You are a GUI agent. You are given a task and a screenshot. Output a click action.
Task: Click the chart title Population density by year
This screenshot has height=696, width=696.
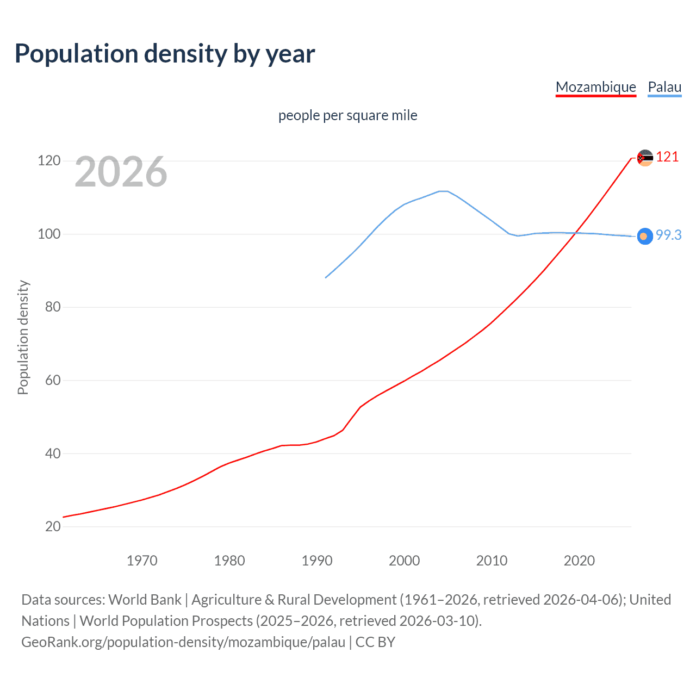pyautogui.click(x=165, y=54)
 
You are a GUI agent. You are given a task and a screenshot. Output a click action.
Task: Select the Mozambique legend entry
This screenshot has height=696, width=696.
pyautogui.click(x=595, y=87)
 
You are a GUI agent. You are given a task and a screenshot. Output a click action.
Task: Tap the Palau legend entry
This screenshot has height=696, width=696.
pyautogui.click(x=664, y=87)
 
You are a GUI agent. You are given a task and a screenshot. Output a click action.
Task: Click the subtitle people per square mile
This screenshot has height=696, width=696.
pyautogui.click(x=347, y=115)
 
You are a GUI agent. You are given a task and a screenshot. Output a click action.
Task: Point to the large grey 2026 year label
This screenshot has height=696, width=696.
pyautogui.click(x=121, y=172)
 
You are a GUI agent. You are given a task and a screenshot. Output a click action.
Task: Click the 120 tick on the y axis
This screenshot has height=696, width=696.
pyautogui.click(x=49, y=161)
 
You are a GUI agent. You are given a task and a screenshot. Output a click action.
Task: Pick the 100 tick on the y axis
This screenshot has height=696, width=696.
pyautogui.click(x=49, y=234)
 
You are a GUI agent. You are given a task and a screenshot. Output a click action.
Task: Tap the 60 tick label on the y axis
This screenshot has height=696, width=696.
pyautogui.click(x=53, y=380)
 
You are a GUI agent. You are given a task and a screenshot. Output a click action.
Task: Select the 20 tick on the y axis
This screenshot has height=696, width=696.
pyautogui.click(x=53, y=526)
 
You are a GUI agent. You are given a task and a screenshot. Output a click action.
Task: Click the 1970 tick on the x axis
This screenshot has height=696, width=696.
pyautogui.click(x=142, y=561)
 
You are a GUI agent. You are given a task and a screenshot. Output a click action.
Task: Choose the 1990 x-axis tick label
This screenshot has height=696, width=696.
pyautogui.click(x=317, y=561)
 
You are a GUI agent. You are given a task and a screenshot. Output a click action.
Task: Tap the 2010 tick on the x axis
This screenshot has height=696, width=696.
pyautogui.click(x=492, y=561)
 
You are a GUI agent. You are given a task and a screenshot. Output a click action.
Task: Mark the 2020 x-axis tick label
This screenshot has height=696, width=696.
pyautogui.click(x=579, y=561)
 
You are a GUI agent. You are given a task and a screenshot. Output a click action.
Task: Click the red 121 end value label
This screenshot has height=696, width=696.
pyautogui.click(x=667, y=157)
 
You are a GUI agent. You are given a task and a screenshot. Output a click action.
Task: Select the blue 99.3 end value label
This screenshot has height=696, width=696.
pyautogui.click(x=668, y=235)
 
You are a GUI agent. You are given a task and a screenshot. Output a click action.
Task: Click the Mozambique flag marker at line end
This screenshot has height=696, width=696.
pyautogui.click(x=645, y=158)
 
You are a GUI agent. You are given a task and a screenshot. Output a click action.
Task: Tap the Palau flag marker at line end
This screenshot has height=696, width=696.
pyautogui.click(x=645, y=236)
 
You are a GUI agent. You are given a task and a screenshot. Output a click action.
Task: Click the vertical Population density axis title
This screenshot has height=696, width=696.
pyautogui.click(x=23, y=337)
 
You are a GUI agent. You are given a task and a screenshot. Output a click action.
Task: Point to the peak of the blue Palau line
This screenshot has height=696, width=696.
pyautogui.click(x=443, y=191)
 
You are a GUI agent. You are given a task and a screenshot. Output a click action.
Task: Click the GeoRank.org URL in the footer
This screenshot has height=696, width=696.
pyautogui.click(x=183, y=642)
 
